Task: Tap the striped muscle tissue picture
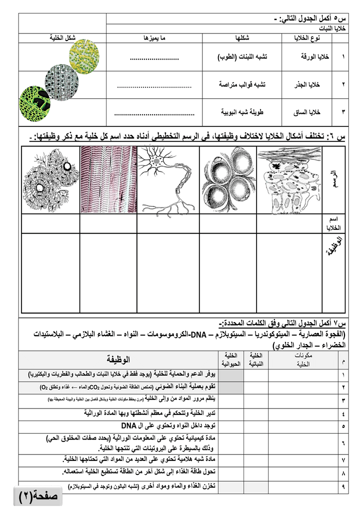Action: point(108,179)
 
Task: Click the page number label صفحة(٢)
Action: point(38,496)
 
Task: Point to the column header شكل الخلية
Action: point(62,38)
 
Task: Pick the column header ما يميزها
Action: point(153,38)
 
